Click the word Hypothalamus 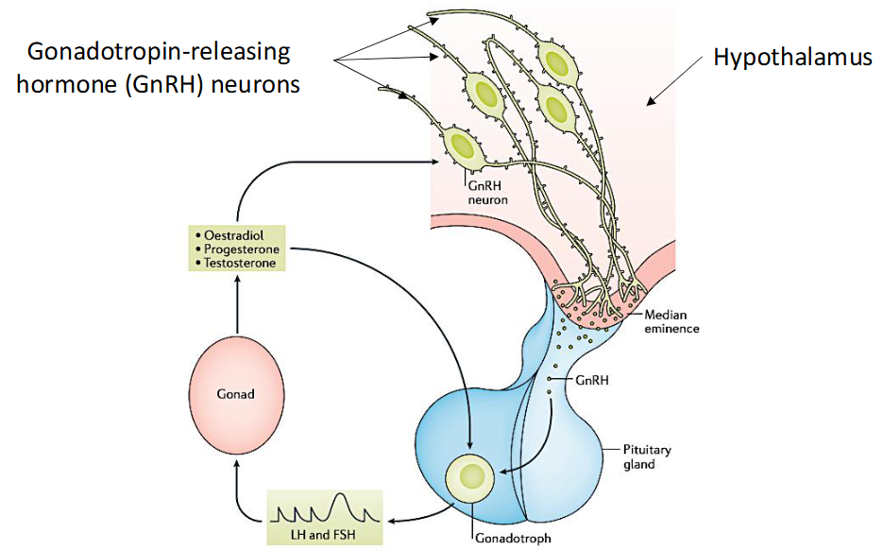coord(792,59)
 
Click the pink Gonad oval coord(235,393)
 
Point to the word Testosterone coord(241,263)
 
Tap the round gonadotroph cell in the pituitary coord(468,477)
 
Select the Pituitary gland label coord(648,456)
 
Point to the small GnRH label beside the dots coord(591,382)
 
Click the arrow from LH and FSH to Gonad coord(236,491)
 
